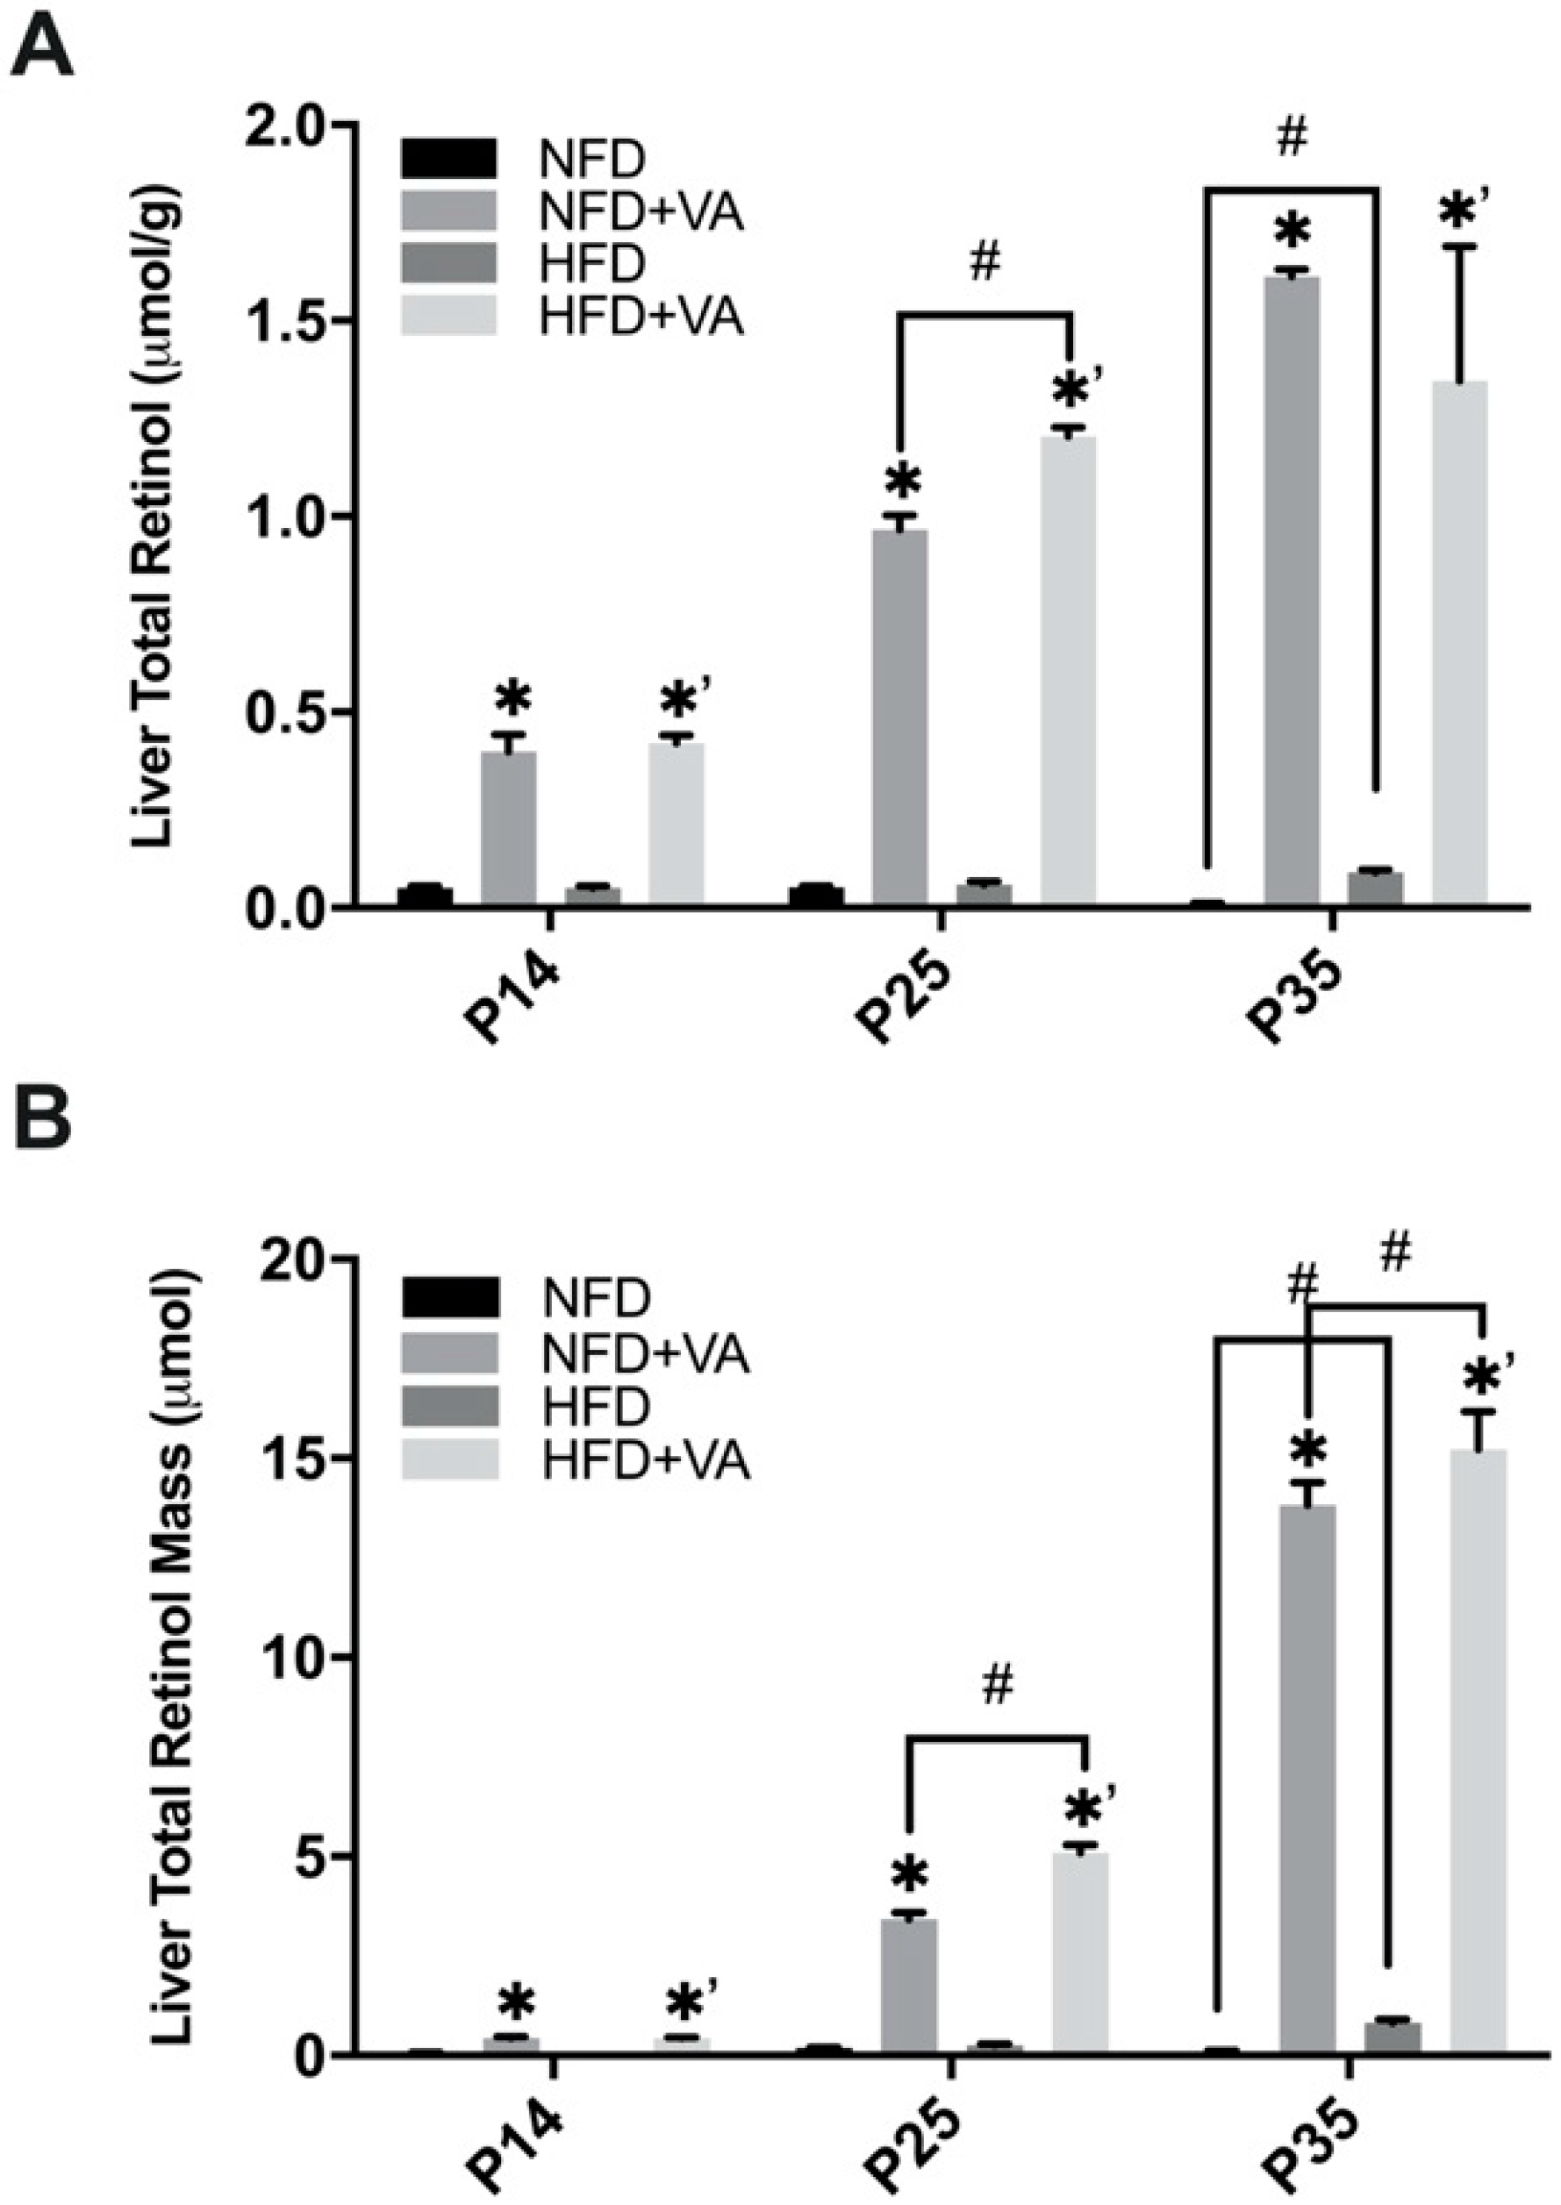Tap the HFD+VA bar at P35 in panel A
(1460, 644)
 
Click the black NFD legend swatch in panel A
(449, 159)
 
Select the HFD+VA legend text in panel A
(641, 317)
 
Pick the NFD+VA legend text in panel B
(645, 1355)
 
